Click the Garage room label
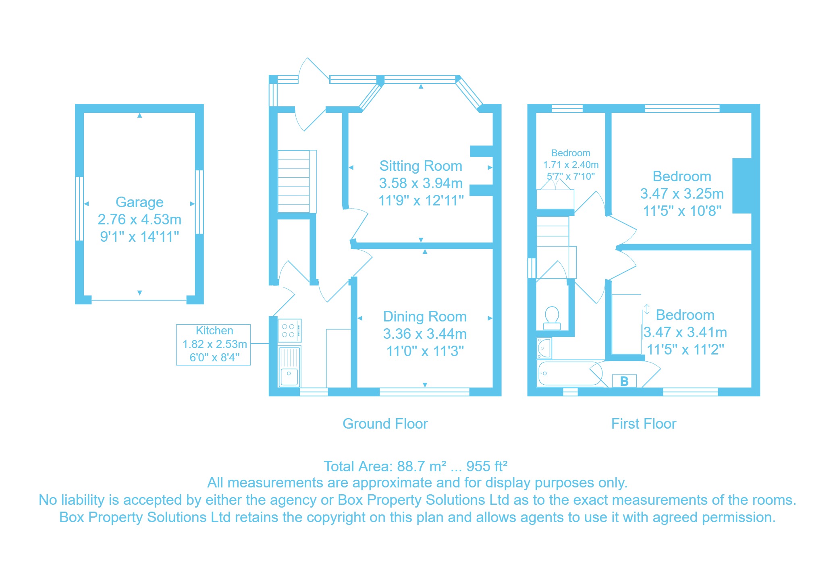click(139, 202)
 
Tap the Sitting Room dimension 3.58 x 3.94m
click(421, 183)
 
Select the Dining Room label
click(425, 317)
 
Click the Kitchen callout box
click(213, 345)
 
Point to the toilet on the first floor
click(552, 318)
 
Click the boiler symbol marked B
click(624, 381)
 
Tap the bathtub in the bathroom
click(570, 373)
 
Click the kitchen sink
click(289, 366)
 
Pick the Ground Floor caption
click(385, 424)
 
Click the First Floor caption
click(644, 424)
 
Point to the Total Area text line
click(415, 466)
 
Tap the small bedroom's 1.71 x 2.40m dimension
click(571, 165)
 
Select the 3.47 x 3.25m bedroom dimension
click(682, 194)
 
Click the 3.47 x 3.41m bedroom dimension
click(685, 332)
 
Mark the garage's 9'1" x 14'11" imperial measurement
click(139, 236)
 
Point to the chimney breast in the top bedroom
click(742, 186)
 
